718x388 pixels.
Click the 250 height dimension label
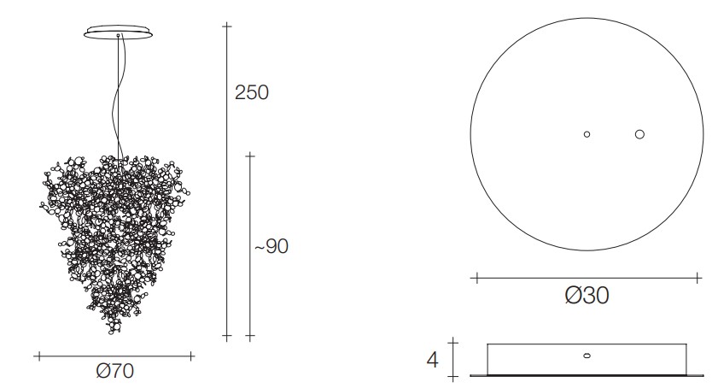pos(251,92)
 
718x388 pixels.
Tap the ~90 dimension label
pos(271,246)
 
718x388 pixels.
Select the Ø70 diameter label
pos(115,371)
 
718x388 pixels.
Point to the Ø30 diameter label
pos(587,296)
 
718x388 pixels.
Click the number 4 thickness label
pos(432,360)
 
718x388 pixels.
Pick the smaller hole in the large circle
pos(587,134)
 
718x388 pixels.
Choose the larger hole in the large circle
pos(639,134)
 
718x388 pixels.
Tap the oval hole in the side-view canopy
pos(587,356)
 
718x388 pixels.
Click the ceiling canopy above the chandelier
pos(118,32)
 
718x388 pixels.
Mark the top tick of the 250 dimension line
pos(226,26)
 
